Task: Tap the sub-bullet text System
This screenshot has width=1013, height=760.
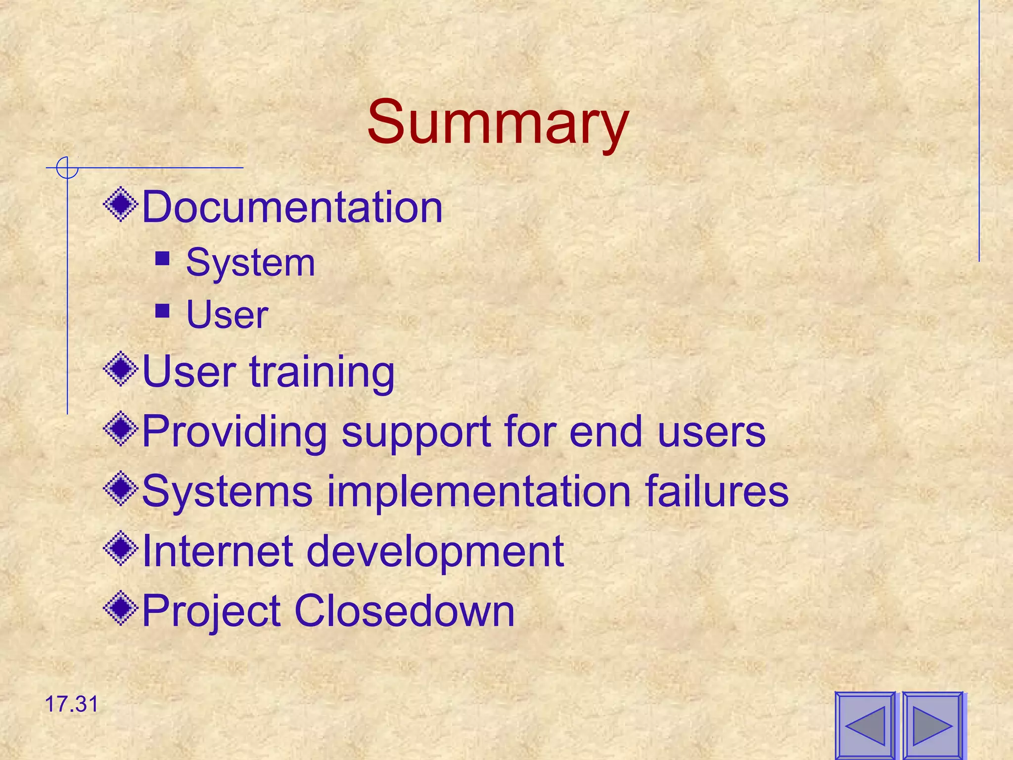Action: pyautogui.click(x=250, y=263)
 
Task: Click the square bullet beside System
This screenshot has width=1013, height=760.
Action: pyautogui.click(x=162, y=259)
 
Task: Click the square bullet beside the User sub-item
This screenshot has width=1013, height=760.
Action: pyautogui.click(x=162, y=311)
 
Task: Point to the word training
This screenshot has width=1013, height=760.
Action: pyautogui.click(x=322, y=372)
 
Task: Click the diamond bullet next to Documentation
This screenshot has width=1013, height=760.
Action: pyautogui.click(x=120, y=203)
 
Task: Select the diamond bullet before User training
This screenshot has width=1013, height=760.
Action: pyautogui.click(x=120, y=369)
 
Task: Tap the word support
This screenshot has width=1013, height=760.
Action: pyautogui.click(x=416, y=432)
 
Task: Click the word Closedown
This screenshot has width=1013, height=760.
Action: pyautogui.click(x=404, y=611)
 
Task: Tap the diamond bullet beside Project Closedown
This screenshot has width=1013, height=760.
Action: pyautogui.click(x=120, y=608)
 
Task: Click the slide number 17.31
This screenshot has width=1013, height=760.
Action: pyautogui.click(x=72, y=704)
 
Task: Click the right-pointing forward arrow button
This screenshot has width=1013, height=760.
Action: pyautogui.click(x=932, y=726)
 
